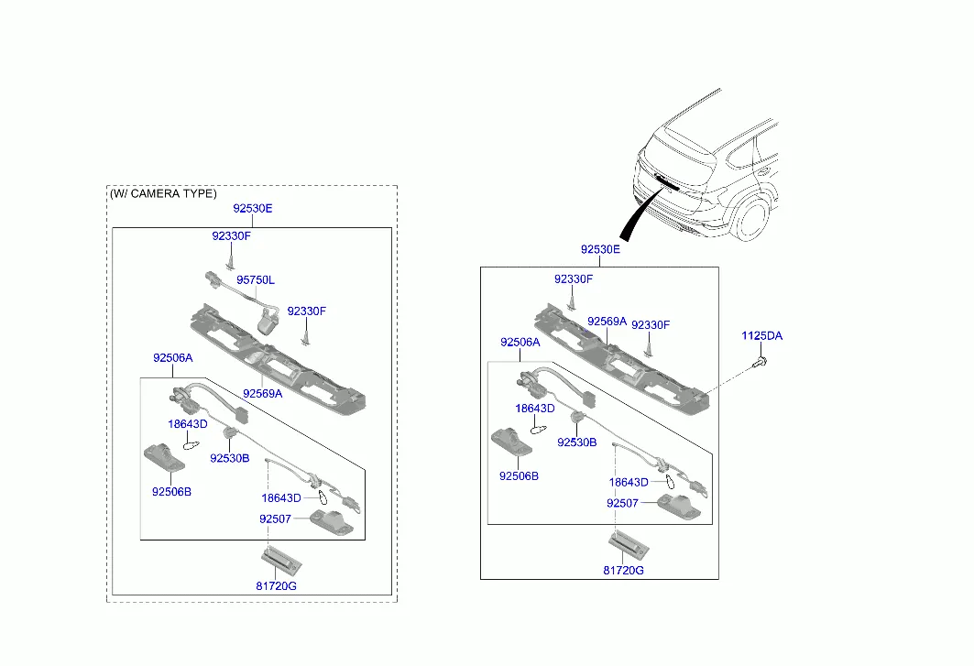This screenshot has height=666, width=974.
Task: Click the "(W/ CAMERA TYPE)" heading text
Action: [x=163, y=194]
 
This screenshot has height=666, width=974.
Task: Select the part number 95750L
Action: [x=256, y=280]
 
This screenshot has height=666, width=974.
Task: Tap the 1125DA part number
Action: [x=761, y=336]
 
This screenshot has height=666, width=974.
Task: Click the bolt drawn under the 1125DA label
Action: [x=760, y=361]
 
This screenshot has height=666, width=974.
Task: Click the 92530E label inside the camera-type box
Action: [x=252, y=209]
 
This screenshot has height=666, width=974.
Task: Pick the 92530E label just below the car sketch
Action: [x=600, y=250]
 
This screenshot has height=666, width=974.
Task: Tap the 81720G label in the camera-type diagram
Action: [x=276, y=586]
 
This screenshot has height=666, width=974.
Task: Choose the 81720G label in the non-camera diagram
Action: [x=623, y=571]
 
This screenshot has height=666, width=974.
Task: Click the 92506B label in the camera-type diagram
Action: [x=171, y=492]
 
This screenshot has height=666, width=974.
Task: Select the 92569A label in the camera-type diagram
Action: [x=262, y=394]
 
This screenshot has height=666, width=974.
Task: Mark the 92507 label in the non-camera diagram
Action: [x=622, y=503]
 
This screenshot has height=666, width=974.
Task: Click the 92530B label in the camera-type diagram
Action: [x=229, y=458]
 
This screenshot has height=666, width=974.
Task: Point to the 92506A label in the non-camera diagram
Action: [x=520, y=343]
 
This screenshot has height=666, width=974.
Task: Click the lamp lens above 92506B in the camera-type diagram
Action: [x=164, y=458]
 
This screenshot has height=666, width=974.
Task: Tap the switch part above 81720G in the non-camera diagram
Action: [x=628, y=545]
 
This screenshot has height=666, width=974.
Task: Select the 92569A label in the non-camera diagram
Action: [x=607, y=322]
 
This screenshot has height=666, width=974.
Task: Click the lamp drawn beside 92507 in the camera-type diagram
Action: [x=332, y=522]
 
